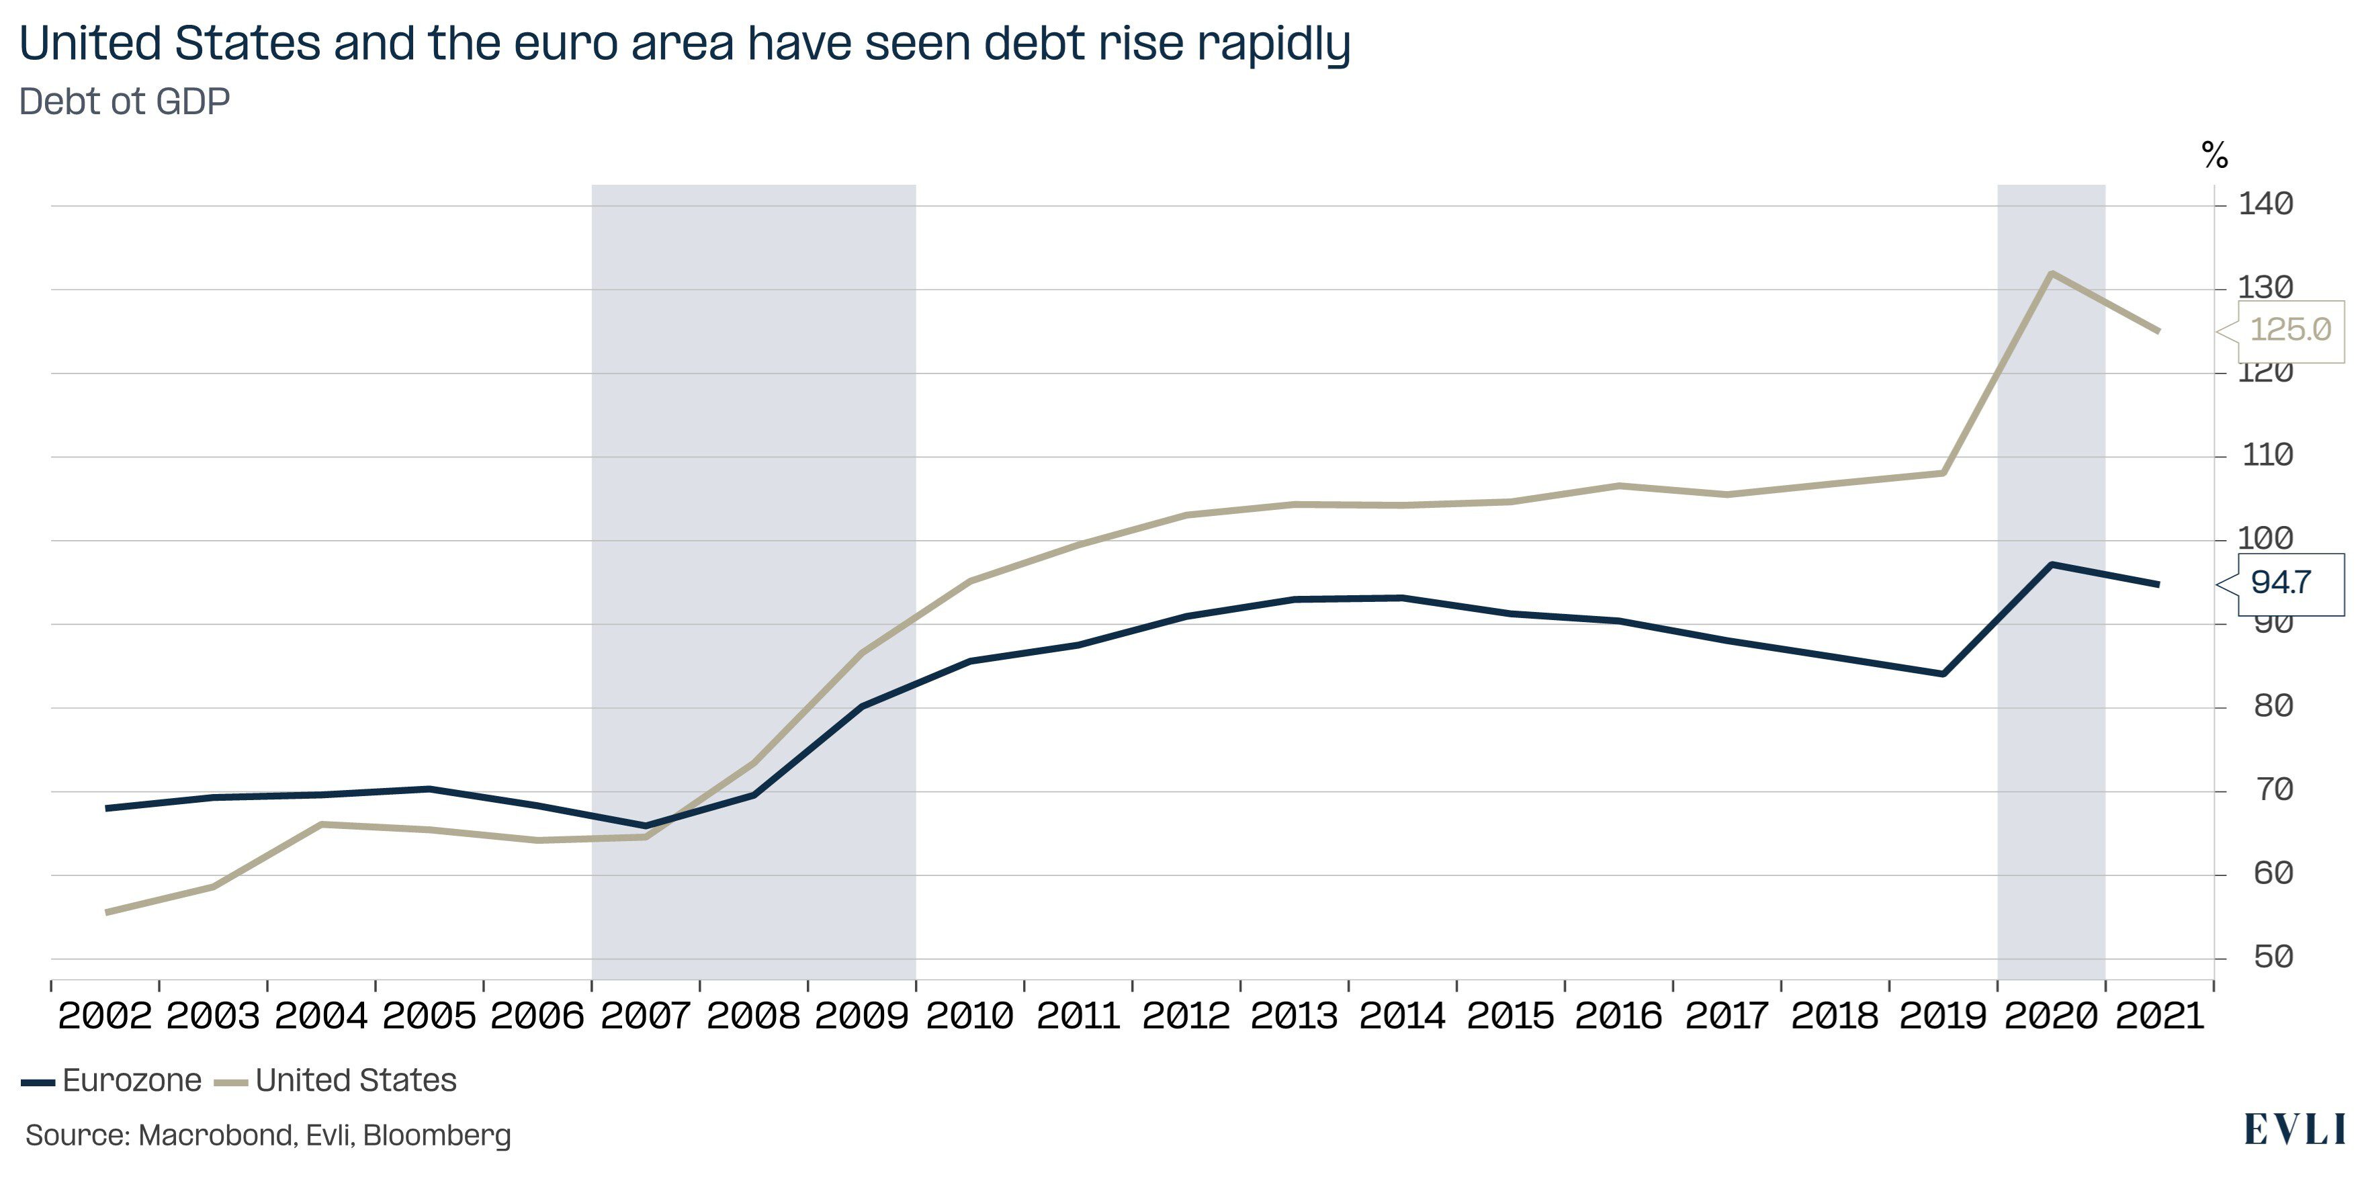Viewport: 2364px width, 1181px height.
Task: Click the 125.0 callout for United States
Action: click(2289, 329)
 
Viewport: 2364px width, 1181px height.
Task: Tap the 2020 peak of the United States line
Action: click(2051, 273)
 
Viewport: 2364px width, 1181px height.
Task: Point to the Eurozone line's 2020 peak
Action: click(2051, 564)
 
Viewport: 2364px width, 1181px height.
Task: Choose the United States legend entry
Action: click(336, 1080)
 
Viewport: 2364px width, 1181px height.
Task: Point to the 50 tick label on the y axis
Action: click(2272, 957)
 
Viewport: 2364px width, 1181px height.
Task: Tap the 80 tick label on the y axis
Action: click(2272, 705)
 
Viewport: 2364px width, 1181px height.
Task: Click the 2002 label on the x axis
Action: click(103, 1016)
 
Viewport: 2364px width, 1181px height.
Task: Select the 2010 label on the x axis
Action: click(969, 1016)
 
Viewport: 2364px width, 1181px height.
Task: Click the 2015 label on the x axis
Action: click(1509, 1016)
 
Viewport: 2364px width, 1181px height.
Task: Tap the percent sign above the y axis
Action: click(2214, 155)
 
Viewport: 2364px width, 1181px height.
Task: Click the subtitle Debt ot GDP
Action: click(124, 102)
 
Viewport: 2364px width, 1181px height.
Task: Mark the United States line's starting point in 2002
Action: click(107, 912)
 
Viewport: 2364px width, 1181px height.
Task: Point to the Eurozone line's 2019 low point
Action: click(1943, 674)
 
